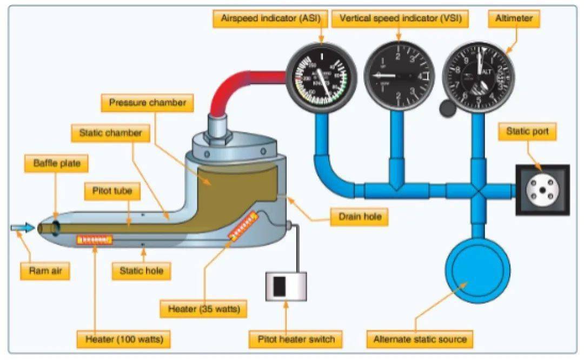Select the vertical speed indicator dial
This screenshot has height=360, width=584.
coord(400,76)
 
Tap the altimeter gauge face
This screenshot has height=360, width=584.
coord(478,76)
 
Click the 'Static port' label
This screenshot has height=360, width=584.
coord(527,131)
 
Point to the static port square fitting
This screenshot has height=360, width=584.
coord(542,190)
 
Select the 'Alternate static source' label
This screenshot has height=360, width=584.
coord(420,339)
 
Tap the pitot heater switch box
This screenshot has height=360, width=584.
coord(286,286)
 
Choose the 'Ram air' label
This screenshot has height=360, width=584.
coord(45,271)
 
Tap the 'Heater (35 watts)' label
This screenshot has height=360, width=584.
coord(203,309)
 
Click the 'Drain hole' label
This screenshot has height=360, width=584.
coord(360,217)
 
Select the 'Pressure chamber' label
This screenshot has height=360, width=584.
coord(147,103)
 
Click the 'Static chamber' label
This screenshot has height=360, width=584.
coord(110,132)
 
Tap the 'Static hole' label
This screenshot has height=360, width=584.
coord(141,271)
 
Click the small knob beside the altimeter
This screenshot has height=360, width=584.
coord(447,109)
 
